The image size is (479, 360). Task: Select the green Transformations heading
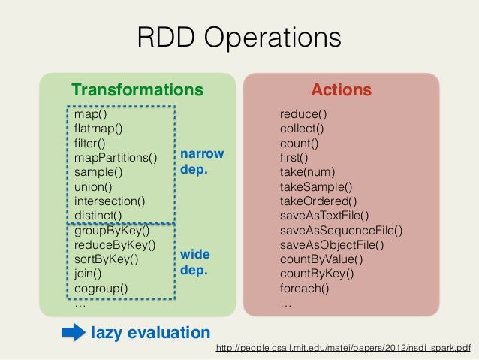[x=137, y=90]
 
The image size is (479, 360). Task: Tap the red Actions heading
[x=342, y=90]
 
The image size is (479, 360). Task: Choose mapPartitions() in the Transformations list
[x=116, y=157]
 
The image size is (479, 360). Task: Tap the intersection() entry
[x=110, y=201]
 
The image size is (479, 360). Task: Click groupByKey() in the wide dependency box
[x=112, y=231]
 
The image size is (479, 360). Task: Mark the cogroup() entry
[x=101, y=288]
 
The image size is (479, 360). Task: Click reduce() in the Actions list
[x=303, y=114]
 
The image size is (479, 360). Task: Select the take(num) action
[x=307, y=172]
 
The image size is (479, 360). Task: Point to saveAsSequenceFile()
[x=341, y=230]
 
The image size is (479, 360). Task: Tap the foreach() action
[x=304, y=288]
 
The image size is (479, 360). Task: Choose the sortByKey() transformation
[x=107, y=259]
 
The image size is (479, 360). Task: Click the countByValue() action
[x=321, y=259]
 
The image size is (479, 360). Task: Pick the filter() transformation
[x=90, y=143]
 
